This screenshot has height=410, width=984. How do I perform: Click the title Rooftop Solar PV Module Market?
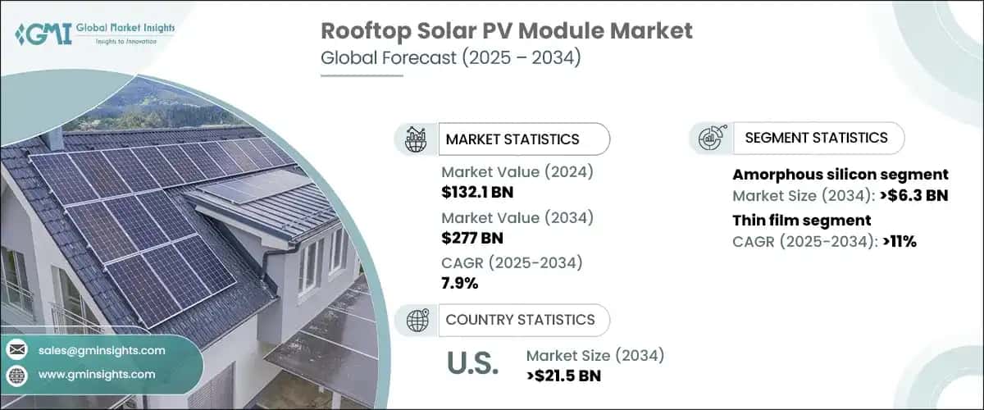(506, 31)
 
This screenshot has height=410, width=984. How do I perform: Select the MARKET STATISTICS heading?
(512, 139)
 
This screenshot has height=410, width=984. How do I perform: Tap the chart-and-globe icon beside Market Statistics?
(417, 139)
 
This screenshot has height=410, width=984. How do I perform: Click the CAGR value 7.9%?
(460, 284)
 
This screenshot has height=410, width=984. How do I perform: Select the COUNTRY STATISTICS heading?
(520, 320)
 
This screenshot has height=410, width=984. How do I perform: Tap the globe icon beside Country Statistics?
(416, 320)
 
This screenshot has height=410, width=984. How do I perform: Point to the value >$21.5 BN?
(564, 376)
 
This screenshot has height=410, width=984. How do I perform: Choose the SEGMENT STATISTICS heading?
(816, 138)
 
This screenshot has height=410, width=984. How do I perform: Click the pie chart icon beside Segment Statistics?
(710, 138)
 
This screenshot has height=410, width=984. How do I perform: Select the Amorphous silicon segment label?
(840, 175)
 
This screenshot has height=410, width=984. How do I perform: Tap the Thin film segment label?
(801, 220)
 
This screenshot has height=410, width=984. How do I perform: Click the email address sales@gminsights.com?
(101, 350)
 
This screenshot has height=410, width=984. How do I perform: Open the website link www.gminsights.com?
(96, 375)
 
